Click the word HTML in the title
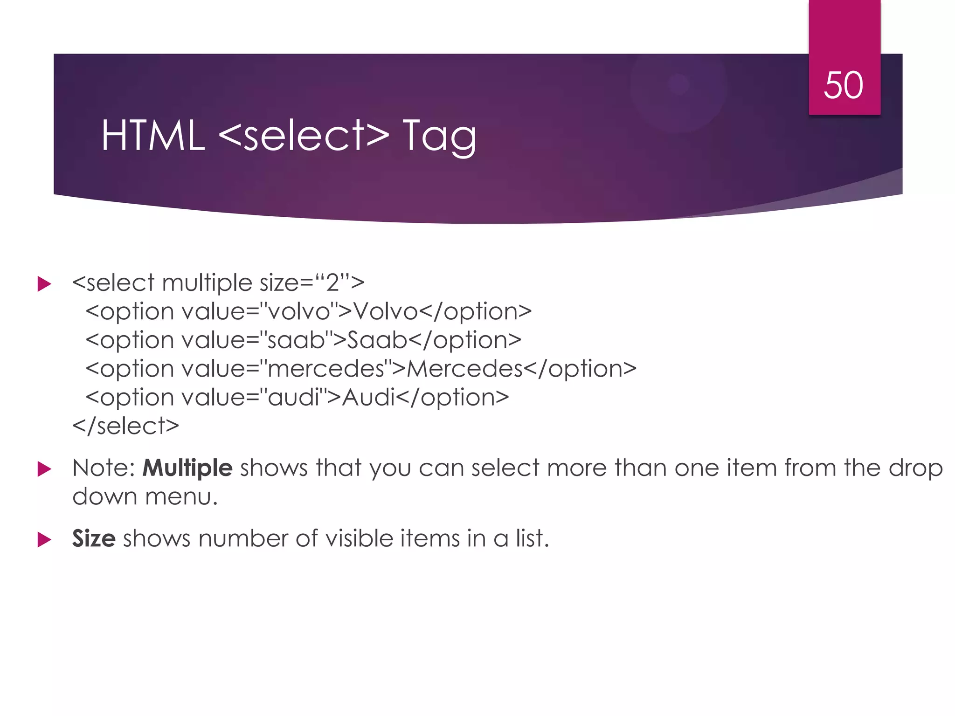point(153,136)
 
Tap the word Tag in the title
point(439,136)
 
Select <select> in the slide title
point(304,136)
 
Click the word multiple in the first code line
point(207,283)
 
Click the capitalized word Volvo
point(385,311)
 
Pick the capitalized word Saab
point(377,340)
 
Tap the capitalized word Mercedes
point(464,369)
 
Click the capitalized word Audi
point(368,397)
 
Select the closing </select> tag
point(126,426)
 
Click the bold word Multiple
point(187,468)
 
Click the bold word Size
point(94,538)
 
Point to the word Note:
point(104,468)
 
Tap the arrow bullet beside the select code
point(44,284)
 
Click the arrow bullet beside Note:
point(44,469)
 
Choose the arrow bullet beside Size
point(44,540)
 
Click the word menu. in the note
point(181,496)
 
